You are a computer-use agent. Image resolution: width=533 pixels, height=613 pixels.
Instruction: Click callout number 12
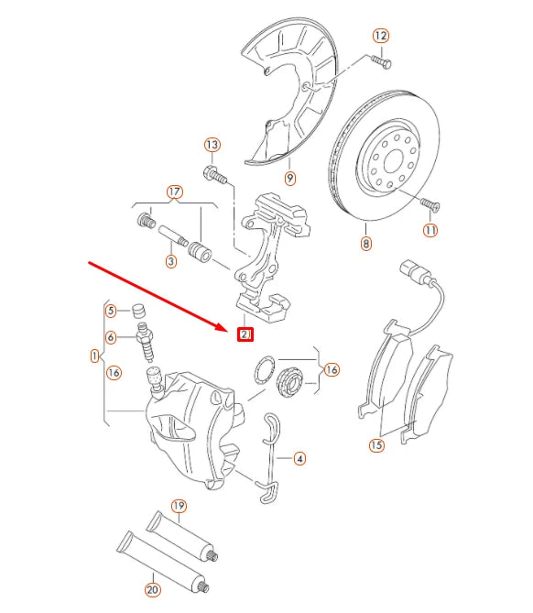(x=381, y=36)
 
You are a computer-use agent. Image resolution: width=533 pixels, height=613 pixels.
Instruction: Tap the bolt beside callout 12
(x=383, y=61)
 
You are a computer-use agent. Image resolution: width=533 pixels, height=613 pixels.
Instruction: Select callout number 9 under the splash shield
(x=289, y=178)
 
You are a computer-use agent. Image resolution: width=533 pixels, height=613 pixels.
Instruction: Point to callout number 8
(x=366, y=244)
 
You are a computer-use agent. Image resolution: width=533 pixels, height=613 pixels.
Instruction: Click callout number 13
(x=212, y=145)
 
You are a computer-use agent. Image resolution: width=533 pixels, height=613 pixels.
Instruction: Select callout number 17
(x=174, y=192)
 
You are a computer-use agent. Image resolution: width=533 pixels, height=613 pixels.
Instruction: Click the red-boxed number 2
(x=245, y=334)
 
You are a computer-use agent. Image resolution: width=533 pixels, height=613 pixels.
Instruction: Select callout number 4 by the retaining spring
(x=299, y=459)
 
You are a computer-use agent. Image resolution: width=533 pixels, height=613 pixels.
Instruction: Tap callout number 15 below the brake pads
(x=376, y=446)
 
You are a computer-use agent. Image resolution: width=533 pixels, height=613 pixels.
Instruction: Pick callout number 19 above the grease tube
(x=179, y=506)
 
